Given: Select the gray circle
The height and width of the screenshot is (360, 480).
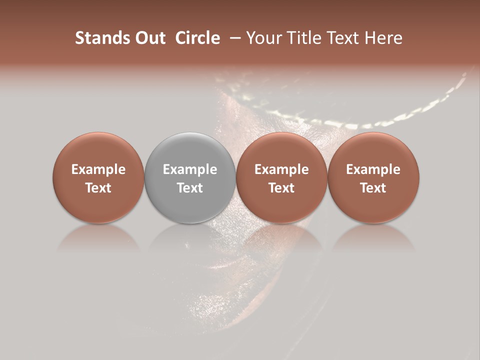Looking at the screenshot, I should coord(189,177).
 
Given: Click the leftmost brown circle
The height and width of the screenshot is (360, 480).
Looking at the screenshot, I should coord(98,177).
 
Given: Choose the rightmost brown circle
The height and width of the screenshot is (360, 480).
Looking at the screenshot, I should coord(373,177).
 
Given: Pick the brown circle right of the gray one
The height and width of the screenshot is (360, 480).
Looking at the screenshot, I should coord(281,177).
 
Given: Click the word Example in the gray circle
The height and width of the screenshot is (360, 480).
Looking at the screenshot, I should coord(189,169).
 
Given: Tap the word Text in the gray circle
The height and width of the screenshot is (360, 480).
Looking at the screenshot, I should coord(189,188).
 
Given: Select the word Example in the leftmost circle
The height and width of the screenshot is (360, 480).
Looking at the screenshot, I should coord(98,169).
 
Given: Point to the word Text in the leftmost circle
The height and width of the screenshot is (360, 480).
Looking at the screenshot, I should coord(98,188).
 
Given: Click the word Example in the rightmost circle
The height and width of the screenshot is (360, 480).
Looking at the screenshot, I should coord(373,169).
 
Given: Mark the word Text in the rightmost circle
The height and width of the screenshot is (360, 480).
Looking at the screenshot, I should coord(373,188).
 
